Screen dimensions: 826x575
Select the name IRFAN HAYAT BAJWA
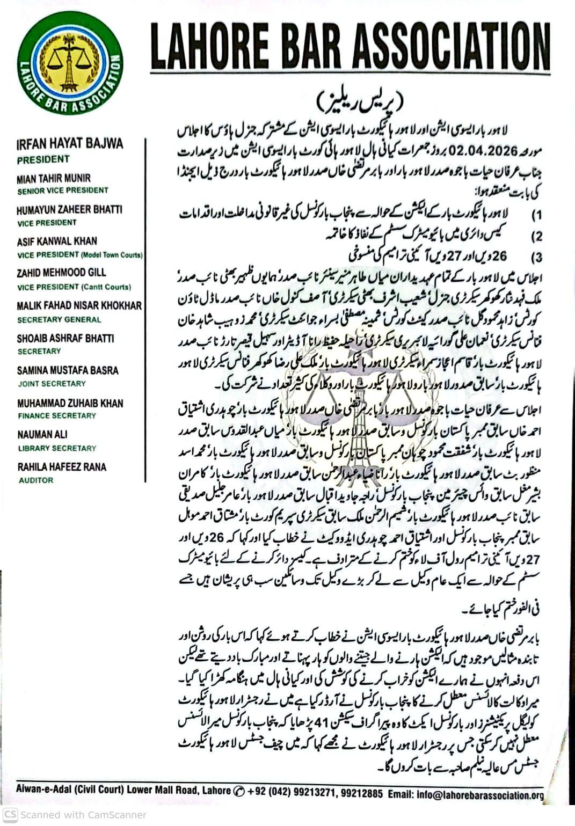click(x=70, y=143)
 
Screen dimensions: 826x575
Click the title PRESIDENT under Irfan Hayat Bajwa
click(x=43, y=159)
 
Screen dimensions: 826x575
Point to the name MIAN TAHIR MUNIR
click(x=54, y=178)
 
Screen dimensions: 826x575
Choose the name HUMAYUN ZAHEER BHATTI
click(x=69, y=210)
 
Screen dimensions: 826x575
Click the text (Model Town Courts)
click(x=112, y=255)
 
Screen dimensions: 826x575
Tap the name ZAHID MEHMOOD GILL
click(x=61, y=273)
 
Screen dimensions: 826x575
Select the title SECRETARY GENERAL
click(x=59, y=319)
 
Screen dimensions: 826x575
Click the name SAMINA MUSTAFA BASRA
click(x=68, y=370)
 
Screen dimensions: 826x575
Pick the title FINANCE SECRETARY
click(x=56, y=415)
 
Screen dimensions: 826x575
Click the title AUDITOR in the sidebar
click(x=36, y=480)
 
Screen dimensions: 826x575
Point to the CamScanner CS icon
click(x=10, y=814)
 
